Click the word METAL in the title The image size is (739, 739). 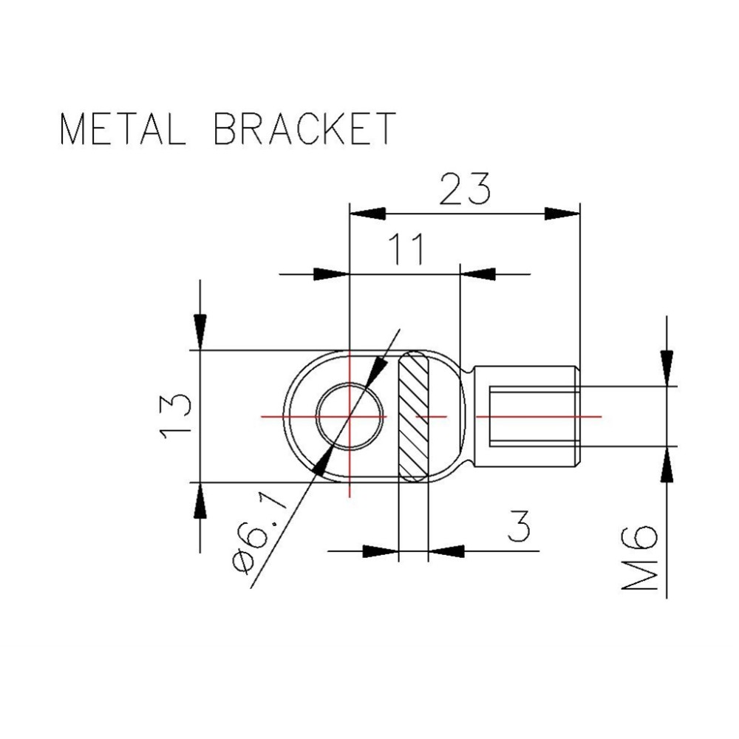pos(123,128)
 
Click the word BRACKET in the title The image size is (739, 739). pos(305,128)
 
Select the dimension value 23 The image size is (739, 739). pos(465,189)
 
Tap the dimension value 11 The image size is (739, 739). pos(406,248)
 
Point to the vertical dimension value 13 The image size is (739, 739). pos(175,417)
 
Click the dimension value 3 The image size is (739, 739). pos(519,525)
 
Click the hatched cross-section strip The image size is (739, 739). pos(414,417)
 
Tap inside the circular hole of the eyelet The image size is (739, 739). pos(350,417)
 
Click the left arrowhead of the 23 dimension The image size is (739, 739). pos(367,213)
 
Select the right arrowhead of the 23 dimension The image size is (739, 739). pos(562,213)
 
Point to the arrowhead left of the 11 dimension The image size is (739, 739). pos(331,274)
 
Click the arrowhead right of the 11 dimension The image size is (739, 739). pos(478,274)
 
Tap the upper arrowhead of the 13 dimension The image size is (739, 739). pos(200,332)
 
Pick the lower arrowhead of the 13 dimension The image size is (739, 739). pos(200,500)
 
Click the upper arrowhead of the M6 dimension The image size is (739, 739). pos(667,368)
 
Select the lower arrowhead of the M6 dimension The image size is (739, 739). pos(667,464)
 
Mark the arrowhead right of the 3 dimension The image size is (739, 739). pos(446,551)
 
